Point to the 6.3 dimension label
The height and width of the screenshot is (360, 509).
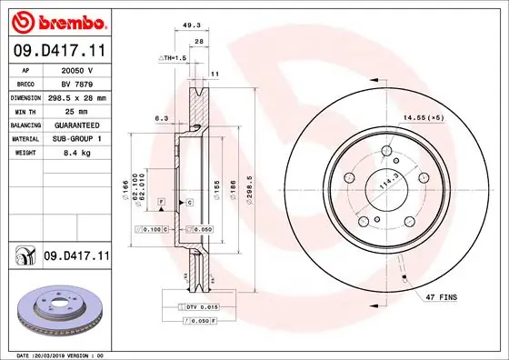162,117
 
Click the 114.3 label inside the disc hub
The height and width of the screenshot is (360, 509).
389,181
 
